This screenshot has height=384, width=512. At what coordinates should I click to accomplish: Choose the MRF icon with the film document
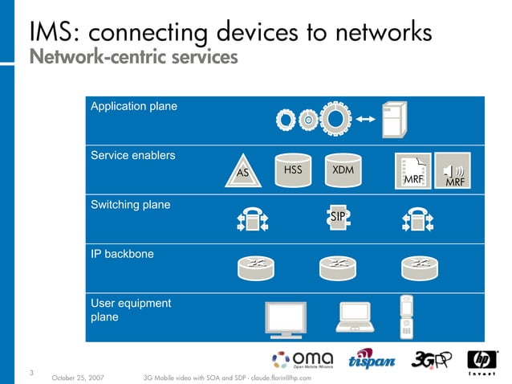coord(412,170)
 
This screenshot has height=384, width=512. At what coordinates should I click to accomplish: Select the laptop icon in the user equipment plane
coord(354,317)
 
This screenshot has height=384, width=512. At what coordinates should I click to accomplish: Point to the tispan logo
coord(371,361)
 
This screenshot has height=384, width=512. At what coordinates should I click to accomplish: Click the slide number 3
coord(31,371)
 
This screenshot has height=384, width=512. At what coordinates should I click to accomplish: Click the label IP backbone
coord(122,254)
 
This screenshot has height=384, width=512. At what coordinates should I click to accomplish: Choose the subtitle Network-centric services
coord(133,58)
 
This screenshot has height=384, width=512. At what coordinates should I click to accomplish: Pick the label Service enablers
coord(132,155)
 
